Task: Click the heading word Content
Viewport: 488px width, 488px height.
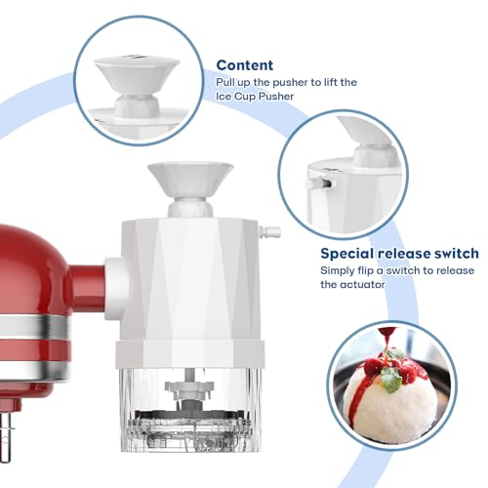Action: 245,65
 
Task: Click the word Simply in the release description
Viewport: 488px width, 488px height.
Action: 339,270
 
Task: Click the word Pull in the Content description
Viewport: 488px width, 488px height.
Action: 226,85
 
